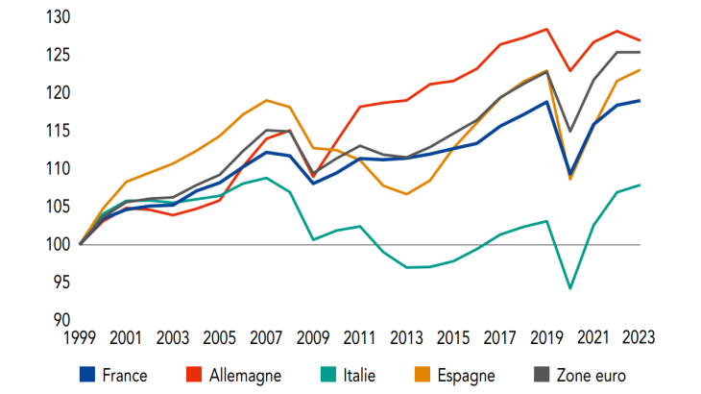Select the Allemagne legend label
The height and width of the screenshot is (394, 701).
(245, 375)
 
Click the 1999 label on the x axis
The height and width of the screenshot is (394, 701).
(81, 338)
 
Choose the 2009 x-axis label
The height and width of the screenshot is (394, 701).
(313, 338)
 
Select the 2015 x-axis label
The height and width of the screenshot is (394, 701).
(452, 338)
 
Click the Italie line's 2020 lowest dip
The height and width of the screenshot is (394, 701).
(570, 288)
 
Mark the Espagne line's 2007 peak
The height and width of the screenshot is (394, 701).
(267, 100)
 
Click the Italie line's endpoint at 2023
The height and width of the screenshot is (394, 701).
(640, 185)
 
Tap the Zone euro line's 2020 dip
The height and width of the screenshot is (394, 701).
(570, 131)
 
